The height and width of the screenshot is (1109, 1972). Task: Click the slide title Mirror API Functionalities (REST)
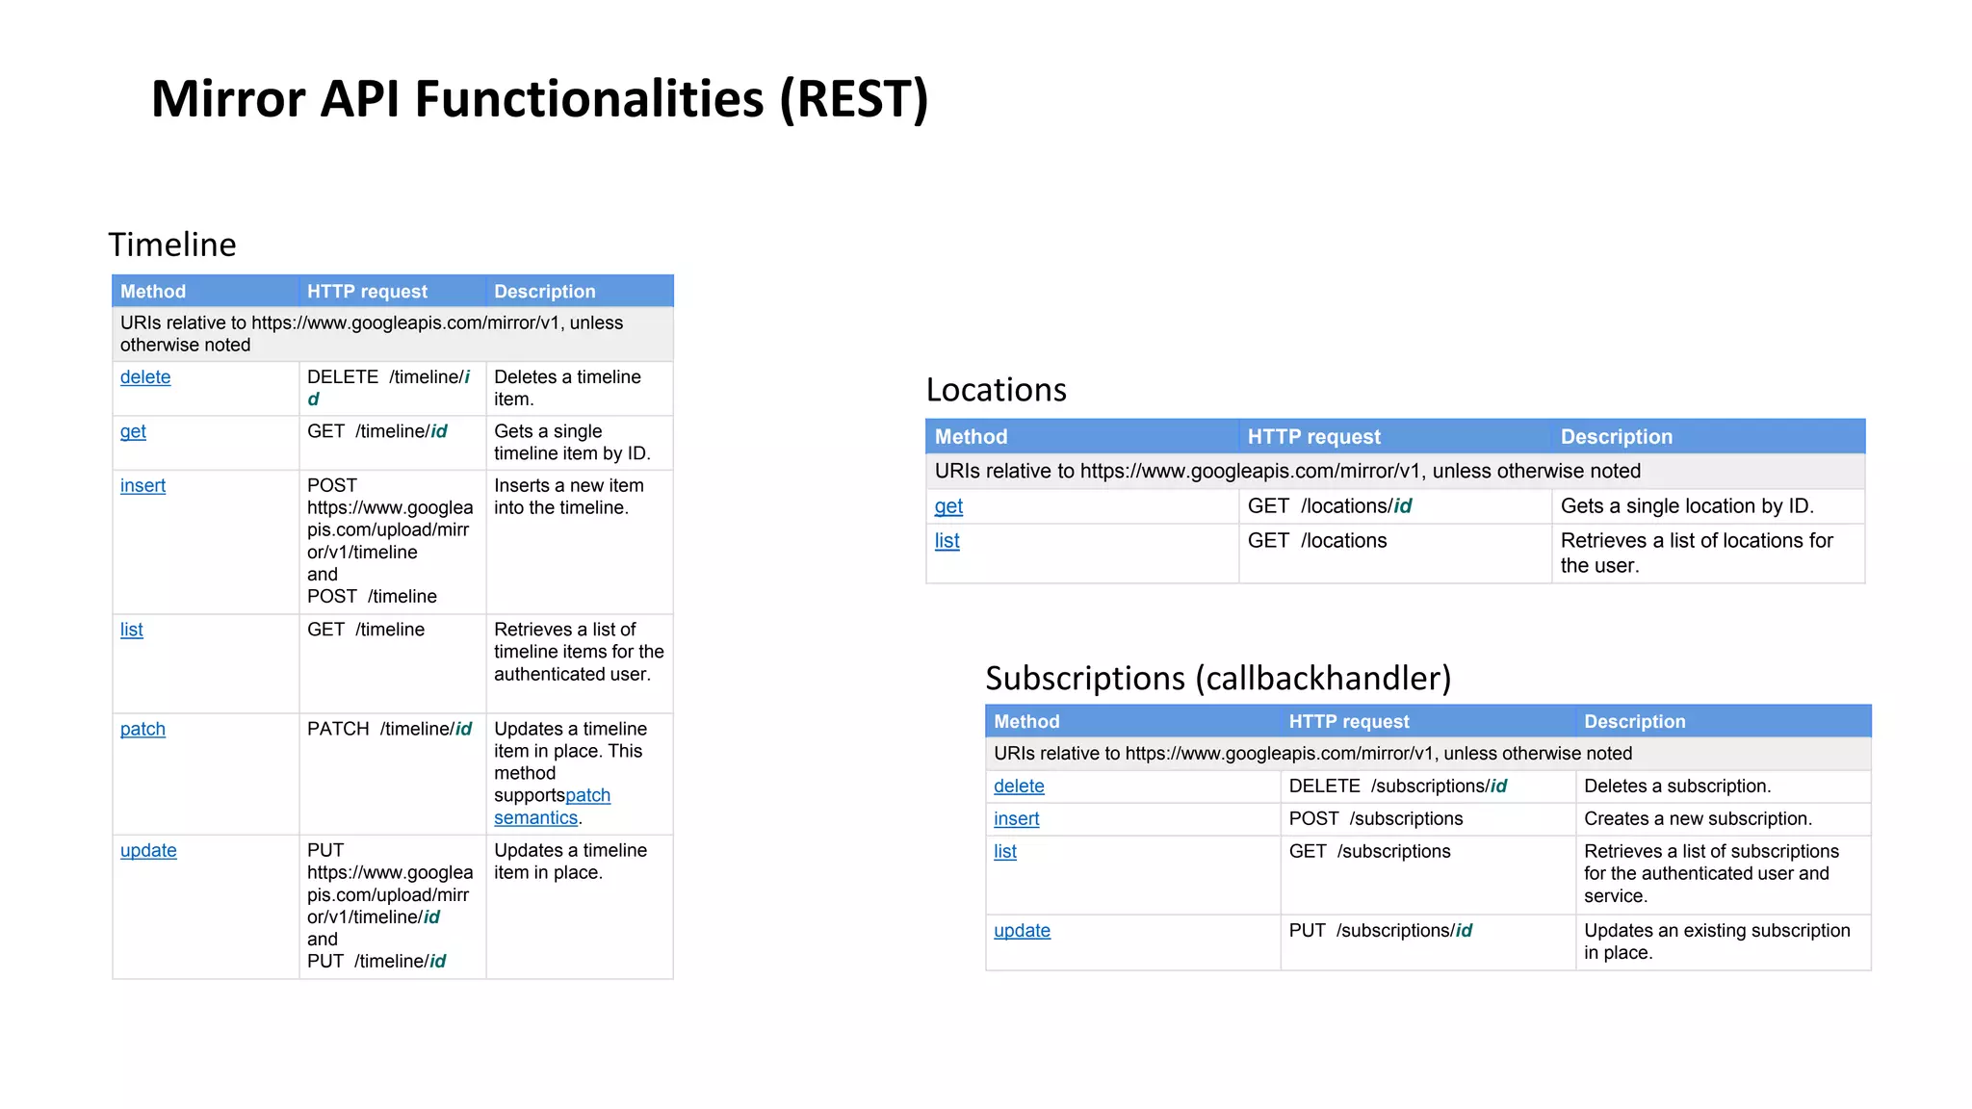539,99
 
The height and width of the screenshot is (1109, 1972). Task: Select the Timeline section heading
172,245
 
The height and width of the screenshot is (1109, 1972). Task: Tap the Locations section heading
996,390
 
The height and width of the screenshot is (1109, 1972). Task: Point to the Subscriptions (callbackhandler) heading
1217,679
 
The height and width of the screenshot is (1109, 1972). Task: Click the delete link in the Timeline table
145,377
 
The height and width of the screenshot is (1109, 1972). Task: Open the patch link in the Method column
143,730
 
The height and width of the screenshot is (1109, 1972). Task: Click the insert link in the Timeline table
143,486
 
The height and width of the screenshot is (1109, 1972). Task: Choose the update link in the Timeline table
148,851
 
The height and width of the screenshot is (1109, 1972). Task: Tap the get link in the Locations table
948,506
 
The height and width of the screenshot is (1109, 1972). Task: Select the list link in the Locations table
947,541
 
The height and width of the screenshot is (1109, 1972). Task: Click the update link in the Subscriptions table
1022,931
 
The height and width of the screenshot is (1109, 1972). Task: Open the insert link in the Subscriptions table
1016,819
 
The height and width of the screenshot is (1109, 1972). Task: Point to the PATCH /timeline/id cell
390,730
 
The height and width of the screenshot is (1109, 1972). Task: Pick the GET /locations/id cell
1330,506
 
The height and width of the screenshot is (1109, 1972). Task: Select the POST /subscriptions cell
1375,819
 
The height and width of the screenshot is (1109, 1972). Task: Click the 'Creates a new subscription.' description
1698,819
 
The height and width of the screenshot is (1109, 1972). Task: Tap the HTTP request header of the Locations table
1313,437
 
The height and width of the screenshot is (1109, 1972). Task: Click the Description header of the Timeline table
544,292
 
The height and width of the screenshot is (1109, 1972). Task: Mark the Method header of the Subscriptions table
1026,722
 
